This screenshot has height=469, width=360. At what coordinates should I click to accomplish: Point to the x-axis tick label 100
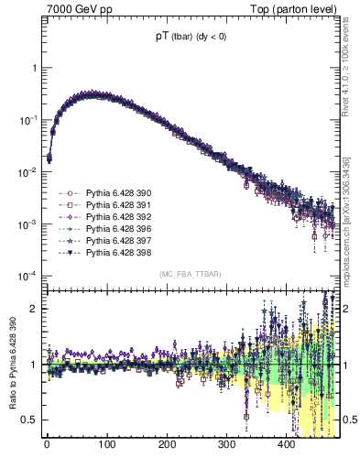[x=106, y=446]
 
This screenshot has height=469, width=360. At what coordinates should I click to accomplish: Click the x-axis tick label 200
[x=167, y=446]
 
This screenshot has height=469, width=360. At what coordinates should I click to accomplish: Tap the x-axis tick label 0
[x=47, y=446]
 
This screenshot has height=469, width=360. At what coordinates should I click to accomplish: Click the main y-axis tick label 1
[x=33, y=69]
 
